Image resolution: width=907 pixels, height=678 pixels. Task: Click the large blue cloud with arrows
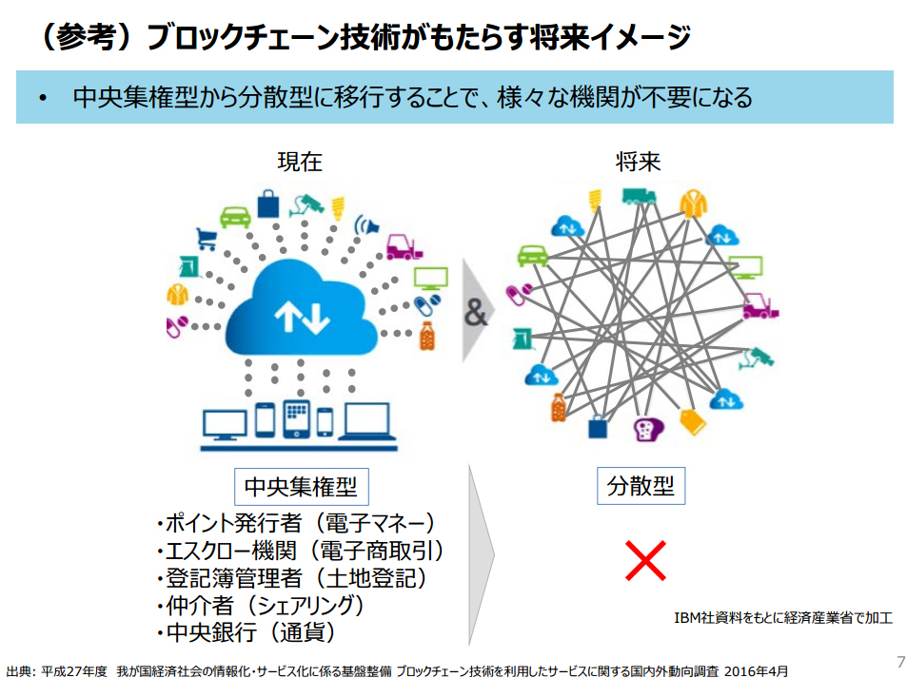[x=301, y=309]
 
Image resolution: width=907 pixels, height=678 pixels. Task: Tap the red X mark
[x=645, y=560]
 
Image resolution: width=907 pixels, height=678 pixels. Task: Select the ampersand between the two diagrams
[x=476, y=313]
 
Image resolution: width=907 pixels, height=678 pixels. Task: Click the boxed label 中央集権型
[x=302, y=487]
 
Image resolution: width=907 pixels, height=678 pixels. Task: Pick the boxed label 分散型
[x=641, y=486]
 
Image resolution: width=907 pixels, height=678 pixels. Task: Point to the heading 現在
[x=300, y=162]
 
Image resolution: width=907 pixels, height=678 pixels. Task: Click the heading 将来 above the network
[x=638, y=162]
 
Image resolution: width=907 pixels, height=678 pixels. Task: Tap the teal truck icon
[x=639, y=197]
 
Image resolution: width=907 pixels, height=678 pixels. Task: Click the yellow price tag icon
[x=693, y=421]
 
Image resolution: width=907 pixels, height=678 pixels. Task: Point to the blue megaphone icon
[x=366, y=224]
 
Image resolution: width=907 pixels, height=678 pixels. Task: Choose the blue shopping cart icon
[x=207, y=239]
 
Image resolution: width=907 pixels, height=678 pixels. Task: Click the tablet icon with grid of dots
[x=296, y=418]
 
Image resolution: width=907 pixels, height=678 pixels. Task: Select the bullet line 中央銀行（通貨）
[x=246, y=632]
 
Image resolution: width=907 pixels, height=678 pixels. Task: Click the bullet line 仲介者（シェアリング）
[x=261, y=605]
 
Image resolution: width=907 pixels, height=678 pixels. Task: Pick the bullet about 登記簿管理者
[x=293, y=578]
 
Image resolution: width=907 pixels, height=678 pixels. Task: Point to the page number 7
[x=900, y=662]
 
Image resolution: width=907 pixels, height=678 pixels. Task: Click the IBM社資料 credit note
[x=783, y=618]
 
